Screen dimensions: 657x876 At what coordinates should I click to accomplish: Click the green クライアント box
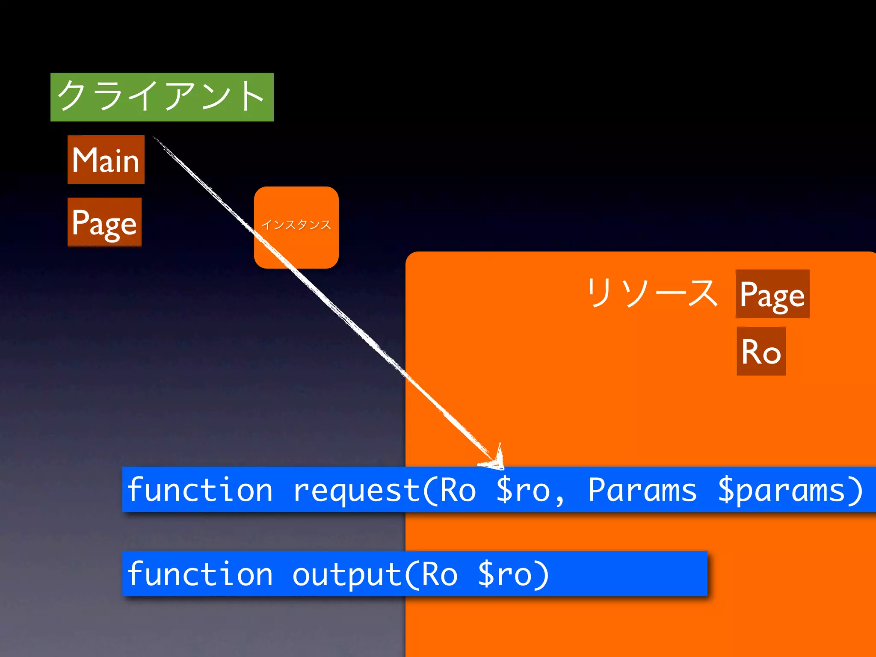point(162,97)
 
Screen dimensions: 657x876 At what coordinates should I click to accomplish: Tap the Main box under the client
point(106,160)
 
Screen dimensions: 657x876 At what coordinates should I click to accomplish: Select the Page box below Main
point(104,222)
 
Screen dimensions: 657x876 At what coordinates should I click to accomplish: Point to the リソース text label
point(652,293)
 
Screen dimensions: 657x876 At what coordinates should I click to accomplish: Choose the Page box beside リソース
point(772,294)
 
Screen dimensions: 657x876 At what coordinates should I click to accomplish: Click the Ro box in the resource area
point(761,351)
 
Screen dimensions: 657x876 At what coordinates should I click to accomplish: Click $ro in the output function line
point(505,574)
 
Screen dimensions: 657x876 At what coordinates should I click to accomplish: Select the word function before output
point(200,574)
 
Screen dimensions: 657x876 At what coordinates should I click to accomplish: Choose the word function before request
point(200,490)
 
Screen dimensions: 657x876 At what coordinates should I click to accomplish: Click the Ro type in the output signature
point(439,574)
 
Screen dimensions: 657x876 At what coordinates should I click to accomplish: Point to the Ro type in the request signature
point(458,490)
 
